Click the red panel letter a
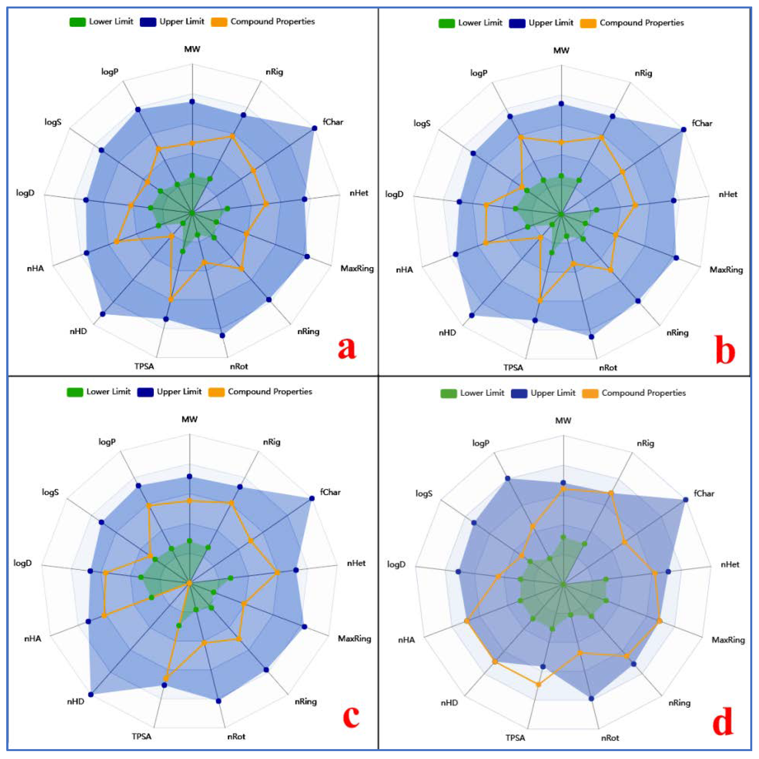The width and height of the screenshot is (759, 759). click(346, 348)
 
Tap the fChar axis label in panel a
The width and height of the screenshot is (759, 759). click(333, 122)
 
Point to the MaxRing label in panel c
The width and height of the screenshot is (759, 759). click(354, 638)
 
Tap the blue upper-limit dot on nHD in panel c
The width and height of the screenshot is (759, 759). click(91, 695)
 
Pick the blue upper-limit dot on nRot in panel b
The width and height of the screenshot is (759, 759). click(592, 337)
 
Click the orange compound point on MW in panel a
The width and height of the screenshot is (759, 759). click(192, 143)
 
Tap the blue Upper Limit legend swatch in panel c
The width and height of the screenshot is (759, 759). click(145, 392)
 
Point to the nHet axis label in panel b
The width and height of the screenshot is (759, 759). click(728, 194)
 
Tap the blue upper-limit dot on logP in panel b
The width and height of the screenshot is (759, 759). click(510, 116)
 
